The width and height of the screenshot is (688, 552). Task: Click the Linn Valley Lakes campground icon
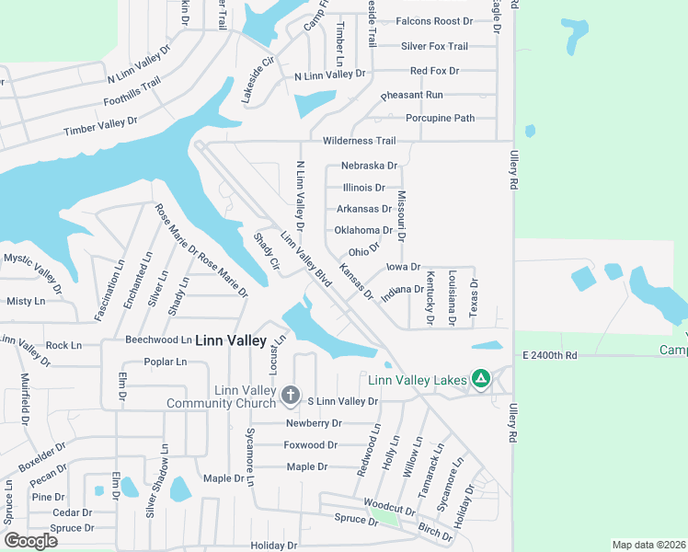click(480, 378)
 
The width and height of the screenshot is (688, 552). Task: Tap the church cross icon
click(290, 396)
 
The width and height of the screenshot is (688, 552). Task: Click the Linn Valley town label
click(231, 340)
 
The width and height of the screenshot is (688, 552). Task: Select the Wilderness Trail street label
click(359, 141)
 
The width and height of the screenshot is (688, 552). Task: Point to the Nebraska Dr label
click(369, 166)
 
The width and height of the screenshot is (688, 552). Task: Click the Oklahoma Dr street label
click(363, 230)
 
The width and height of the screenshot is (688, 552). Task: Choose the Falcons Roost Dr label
click(433, 20)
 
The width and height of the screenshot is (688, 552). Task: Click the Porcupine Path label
click(440, 118)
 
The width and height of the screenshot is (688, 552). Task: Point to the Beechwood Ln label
click(158, 339)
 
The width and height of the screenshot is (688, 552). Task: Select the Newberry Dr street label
click(314, 423)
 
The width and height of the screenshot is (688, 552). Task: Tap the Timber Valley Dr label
click(100, 126)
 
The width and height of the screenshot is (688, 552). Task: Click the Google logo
click(30, 541)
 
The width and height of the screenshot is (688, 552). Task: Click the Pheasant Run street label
click(412, 95)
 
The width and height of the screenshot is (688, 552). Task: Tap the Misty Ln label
click(25, 301)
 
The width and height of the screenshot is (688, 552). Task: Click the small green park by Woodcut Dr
click(388, 516)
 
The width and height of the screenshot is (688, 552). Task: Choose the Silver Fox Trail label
click(434, 46)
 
